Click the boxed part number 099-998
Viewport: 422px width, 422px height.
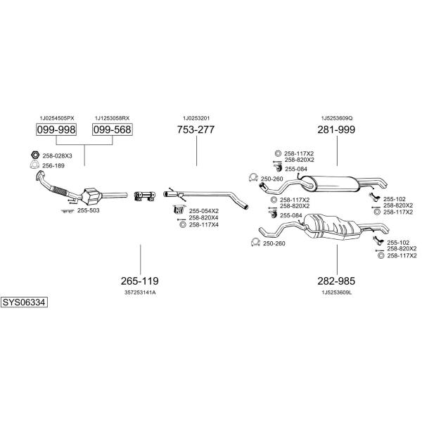(56, 130)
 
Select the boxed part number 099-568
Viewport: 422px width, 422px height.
(113, 130)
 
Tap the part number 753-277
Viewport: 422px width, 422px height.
(196, 130)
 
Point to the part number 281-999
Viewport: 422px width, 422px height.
(336, 130)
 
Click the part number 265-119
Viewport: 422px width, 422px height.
(140, 280)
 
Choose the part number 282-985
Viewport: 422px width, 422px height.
(336, 280)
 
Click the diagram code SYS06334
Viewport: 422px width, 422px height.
(23, 302)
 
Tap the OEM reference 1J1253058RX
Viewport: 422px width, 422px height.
(113, 118)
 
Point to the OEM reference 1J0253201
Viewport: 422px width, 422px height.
(196, 118)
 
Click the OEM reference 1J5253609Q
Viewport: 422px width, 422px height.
(337, 118)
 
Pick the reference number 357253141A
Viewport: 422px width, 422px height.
(140, 292)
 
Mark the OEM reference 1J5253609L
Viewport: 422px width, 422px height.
(336, 292)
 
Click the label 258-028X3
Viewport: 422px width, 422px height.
(58, 155)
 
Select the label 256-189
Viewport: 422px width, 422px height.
(53, 165)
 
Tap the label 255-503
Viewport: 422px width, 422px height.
(88, 210)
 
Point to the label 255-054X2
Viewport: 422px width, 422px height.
(203, 210)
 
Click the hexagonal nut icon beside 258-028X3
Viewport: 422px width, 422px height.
(34, 155)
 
